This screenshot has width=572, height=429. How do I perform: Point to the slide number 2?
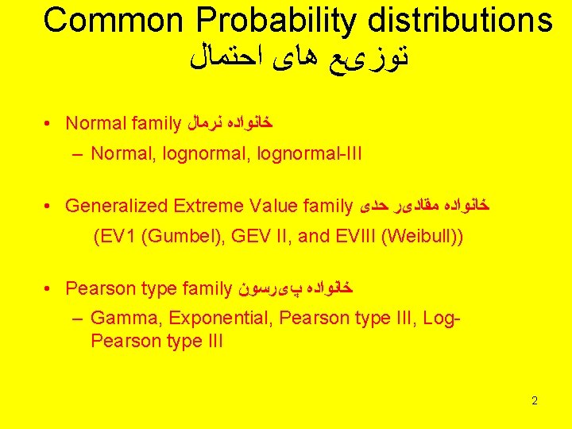pos(535,400)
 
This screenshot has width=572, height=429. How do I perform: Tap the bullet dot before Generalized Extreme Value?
pos(49,206)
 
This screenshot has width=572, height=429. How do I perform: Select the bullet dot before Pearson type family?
pos(49,288)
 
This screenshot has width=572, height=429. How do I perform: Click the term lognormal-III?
pos(309,153)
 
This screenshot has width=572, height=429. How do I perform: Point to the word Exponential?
pos(214,319)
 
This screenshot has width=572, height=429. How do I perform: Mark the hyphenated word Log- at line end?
pos(443,319)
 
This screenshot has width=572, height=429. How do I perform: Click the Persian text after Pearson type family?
pos(294,288)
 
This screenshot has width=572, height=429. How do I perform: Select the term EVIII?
pos(353,236)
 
